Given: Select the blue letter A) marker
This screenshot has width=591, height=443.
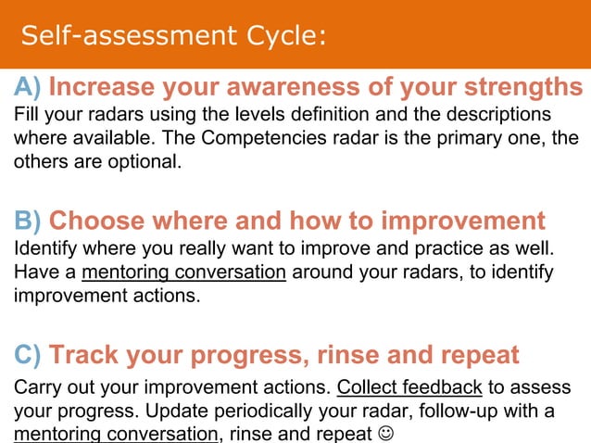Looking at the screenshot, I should click(x=27, y=88).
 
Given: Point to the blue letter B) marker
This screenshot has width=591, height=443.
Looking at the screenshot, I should click(x=27, y=221).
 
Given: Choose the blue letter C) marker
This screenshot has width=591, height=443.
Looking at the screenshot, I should click(x=27, y=355).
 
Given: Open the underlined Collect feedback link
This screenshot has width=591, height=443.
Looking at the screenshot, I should click(x=409, y=386).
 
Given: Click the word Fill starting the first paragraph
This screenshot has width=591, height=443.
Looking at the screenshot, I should click(x=26, y=116).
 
